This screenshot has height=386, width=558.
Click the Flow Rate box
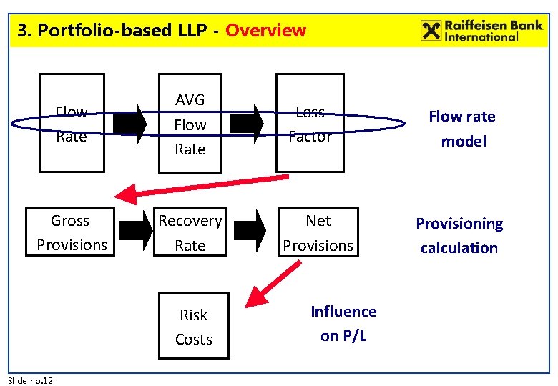coord(71,124)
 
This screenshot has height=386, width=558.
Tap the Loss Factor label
coord(310,124)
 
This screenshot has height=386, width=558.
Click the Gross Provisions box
coord(71,232)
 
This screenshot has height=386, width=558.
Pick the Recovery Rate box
coord(190,232)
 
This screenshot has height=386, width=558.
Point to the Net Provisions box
coord(318,232)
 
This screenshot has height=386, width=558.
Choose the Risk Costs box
coord(193,327)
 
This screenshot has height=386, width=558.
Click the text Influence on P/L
coord(343,323)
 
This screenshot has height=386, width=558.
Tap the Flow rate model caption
coord(462,129)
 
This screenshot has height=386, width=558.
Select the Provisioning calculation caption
coord(459,235)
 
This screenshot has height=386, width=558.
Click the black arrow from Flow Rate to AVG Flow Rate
coord(129,124)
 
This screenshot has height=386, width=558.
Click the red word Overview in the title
coord(265,31)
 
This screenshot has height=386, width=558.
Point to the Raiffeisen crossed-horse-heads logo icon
coord(431,31)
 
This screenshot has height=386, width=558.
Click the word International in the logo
coord(481,36)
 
